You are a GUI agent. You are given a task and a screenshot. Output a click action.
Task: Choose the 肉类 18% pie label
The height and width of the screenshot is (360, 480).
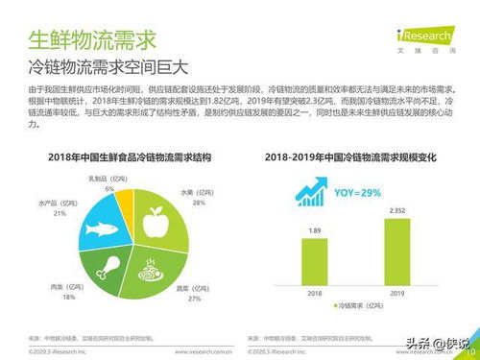[68, 293]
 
